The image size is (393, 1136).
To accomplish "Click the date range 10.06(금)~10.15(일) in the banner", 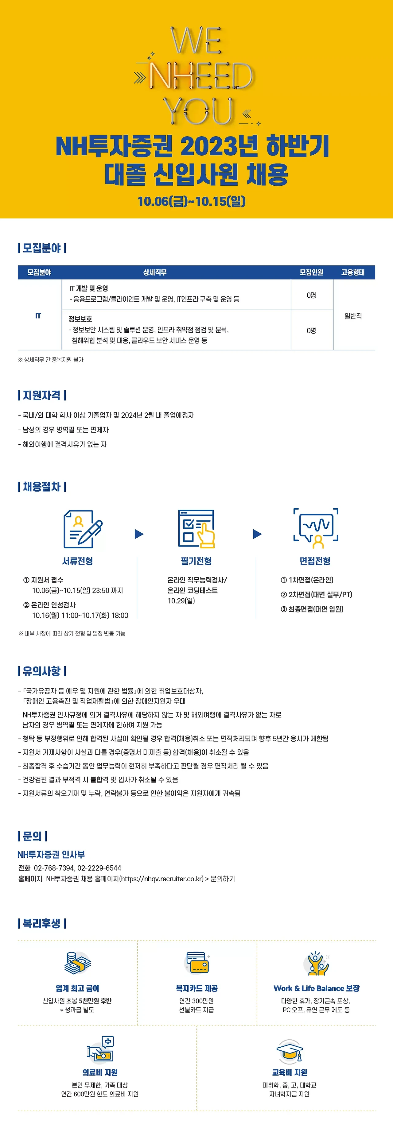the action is [x=191, y=202].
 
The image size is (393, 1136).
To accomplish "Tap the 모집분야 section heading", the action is [x=42, y=248].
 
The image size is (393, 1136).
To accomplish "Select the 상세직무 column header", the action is [x=155, y=272].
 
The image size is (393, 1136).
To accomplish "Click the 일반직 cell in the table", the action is [x=353, y=316].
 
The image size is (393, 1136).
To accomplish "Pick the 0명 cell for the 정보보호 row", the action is [x=311, y=330].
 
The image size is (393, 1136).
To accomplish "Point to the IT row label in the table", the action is [x=38, y=316].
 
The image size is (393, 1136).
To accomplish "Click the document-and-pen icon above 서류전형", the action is [x=82, y=529].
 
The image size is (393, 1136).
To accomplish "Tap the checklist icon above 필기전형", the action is [x=196, y=528].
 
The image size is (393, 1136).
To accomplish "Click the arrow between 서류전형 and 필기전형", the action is [x=139, y=534].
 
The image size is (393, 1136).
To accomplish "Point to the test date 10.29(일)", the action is [x=181, y=601].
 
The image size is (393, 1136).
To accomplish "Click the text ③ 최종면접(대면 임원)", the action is [x=312, y=609].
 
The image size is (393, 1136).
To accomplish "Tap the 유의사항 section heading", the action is [x=42, y=671].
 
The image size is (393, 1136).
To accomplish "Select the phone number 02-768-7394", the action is [x=53, y=868].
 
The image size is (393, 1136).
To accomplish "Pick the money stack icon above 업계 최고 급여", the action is [x=78, y=962].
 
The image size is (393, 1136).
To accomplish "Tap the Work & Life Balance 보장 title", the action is [x=316, y=988].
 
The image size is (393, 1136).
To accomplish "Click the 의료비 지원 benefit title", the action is [x=100, y=1072].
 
